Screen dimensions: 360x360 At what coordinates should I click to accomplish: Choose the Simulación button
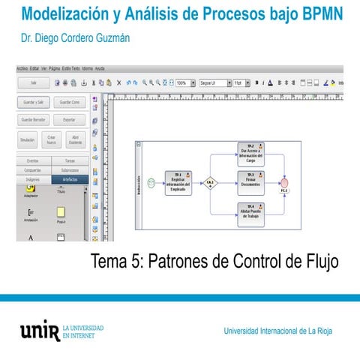pyautogui.click(x=28, y=139)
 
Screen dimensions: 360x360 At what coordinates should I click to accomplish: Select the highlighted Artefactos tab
pyautogui.click(x=70, y=180)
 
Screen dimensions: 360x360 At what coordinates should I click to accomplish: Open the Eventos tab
pyautogui.click(x=33, y=160)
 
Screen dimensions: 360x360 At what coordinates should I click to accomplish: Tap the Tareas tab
pyautogui.click(x=70, y=160)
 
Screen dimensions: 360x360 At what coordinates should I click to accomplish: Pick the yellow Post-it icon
pyautogui.click(x=61, y=213)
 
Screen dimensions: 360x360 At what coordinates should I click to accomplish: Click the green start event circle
pyautogui.click(x=151, y=182)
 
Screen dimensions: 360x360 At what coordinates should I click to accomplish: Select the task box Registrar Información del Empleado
pyautogui.click(x=178, y=182)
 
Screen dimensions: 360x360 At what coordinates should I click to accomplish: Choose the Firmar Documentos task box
pyautogui.click(x=250, y=182)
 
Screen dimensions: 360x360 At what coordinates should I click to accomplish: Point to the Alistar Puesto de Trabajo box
pyautogui.click(x=250, y=211)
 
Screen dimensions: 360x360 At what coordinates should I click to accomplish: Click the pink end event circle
pyautogui.click(x=284, y=183)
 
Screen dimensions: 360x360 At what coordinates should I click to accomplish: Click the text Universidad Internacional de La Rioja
pyautogui.click(x=278, y=331)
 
